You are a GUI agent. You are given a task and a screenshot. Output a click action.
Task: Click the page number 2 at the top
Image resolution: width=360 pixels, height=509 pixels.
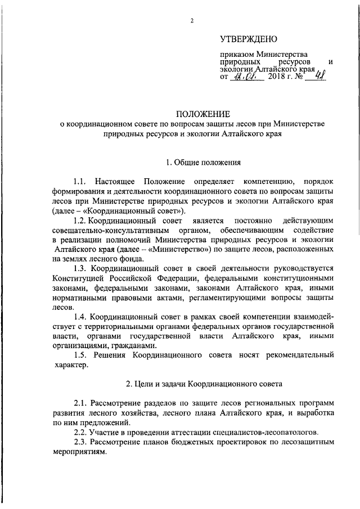[192, 21]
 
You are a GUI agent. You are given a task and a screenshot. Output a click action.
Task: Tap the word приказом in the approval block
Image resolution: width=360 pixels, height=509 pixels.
[236, 54]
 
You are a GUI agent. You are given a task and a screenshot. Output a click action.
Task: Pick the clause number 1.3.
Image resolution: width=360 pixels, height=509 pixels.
[80, 269]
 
